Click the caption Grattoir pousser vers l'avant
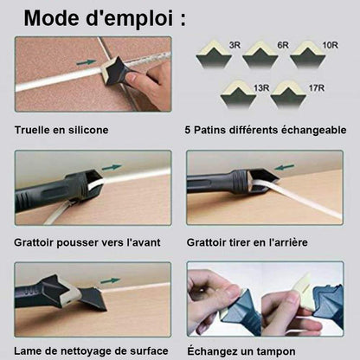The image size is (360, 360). click(x=87, y=242)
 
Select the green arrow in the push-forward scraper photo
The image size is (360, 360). click(x=112, y=168)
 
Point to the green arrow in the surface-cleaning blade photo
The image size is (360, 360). click(x=110, y=280)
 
